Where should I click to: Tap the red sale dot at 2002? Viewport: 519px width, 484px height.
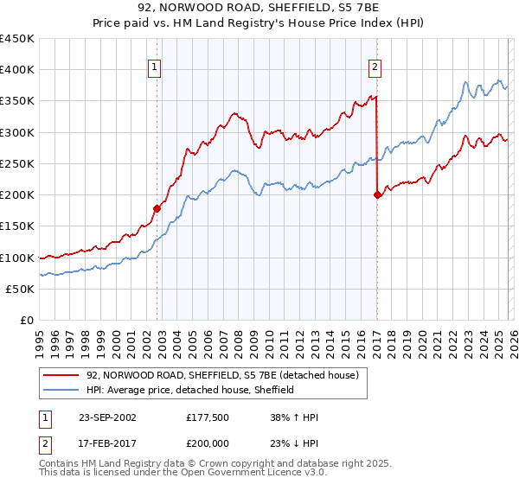(x=157, y=208)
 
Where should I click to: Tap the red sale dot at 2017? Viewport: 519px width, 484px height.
(x=377, y=195)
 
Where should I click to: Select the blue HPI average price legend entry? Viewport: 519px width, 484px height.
(x=190, y=390)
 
